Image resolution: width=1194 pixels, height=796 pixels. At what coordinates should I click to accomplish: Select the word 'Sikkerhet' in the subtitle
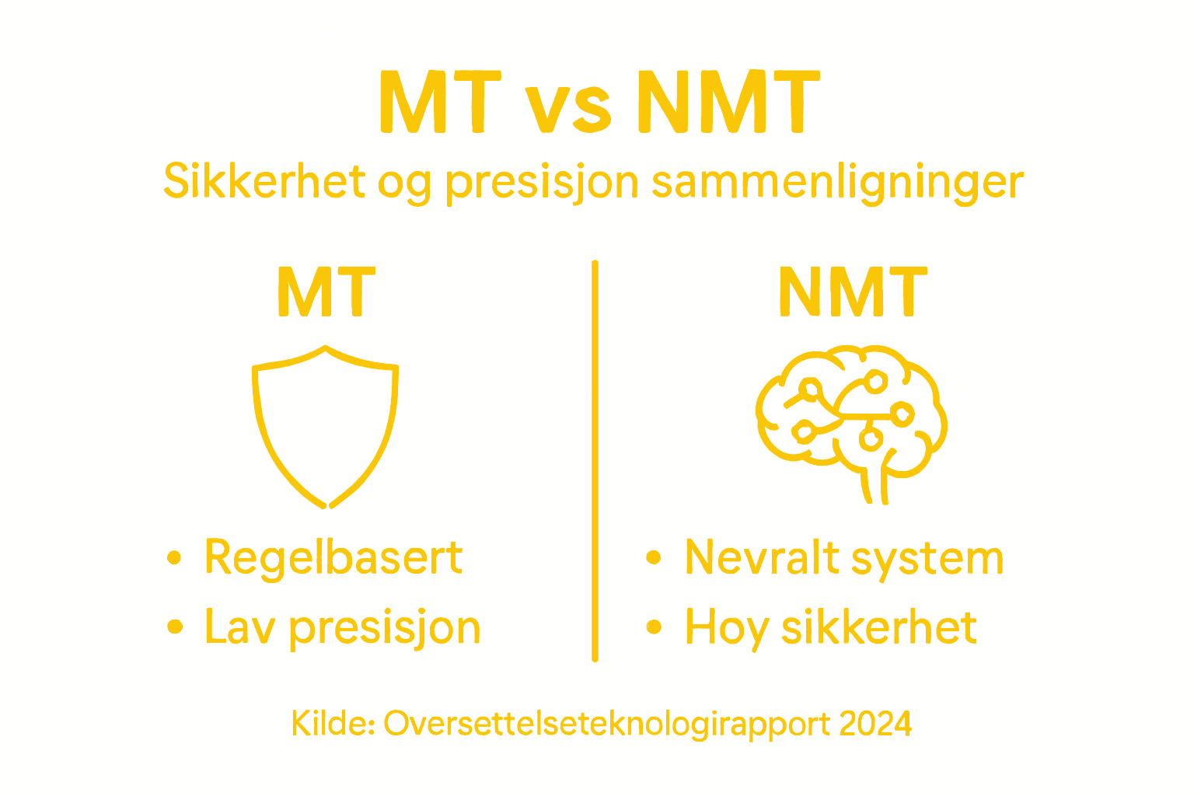coord(264,182)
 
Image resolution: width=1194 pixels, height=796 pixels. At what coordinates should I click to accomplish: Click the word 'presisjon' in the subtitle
coord(542,183)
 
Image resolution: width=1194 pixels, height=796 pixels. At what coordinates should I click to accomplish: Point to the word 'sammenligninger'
coord(837,183)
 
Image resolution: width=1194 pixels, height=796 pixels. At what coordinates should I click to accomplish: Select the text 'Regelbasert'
coord(333,559)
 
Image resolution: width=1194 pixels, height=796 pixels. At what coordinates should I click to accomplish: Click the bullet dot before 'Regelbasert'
coord(174,557)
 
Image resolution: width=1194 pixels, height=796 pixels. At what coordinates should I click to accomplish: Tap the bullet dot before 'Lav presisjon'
coord(174,627)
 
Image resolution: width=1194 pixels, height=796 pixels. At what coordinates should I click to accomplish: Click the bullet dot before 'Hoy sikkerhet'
coord(654,627)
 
